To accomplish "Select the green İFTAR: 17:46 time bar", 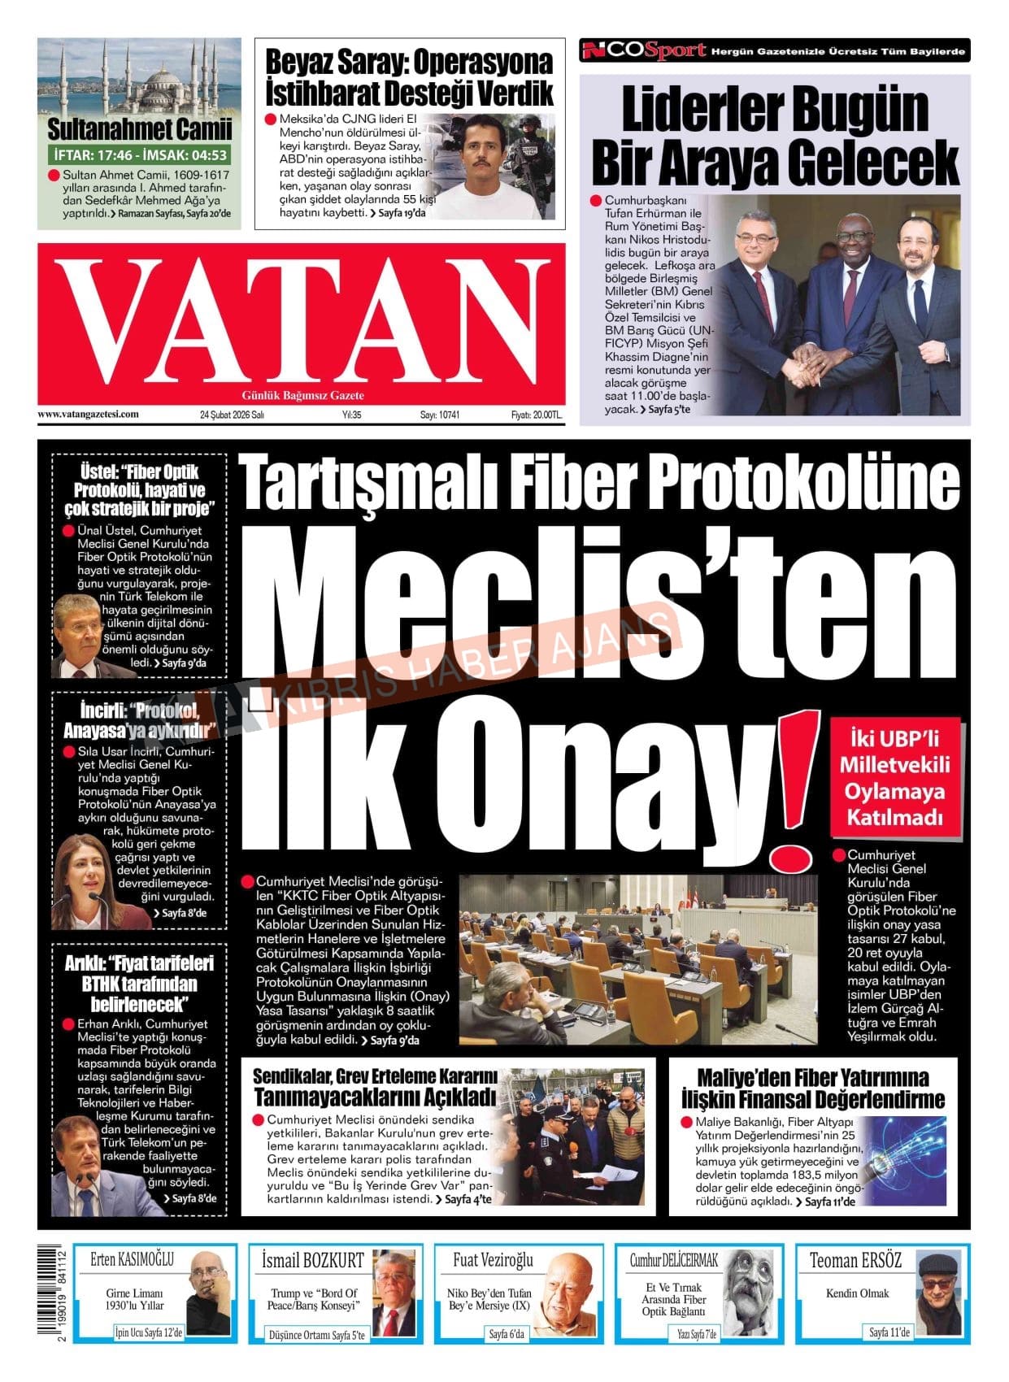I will click(139, 154).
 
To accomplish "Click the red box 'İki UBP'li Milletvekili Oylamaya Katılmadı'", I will click(894, 778).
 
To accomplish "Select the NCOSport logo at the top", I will click(644, 50).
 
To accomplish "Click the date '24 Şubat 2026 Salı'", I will click(233, 415).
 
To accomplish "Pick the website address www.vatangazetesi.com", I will click(88, 414).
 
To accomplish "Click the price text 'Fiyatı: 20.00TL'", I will click(536, 415).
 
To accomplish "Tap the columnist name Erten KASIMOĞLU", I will click(132, 1259).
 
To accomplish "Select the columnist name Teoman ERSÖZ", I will click(855, 1261).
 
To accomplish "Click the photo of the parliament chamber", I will click(638, 959).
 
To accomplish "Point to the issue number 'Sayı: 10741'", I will click(440, 415).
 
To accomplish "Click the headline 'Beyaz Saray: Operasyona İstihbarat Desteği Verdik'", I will click(409, 77).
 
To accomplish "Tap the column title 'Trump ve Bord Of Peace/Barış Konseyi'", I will click(314, 1298).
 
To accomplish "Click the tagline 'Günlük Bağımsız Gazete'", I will click(302, 396).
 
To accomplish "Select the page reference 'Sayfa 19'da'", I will click(398, 213).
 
